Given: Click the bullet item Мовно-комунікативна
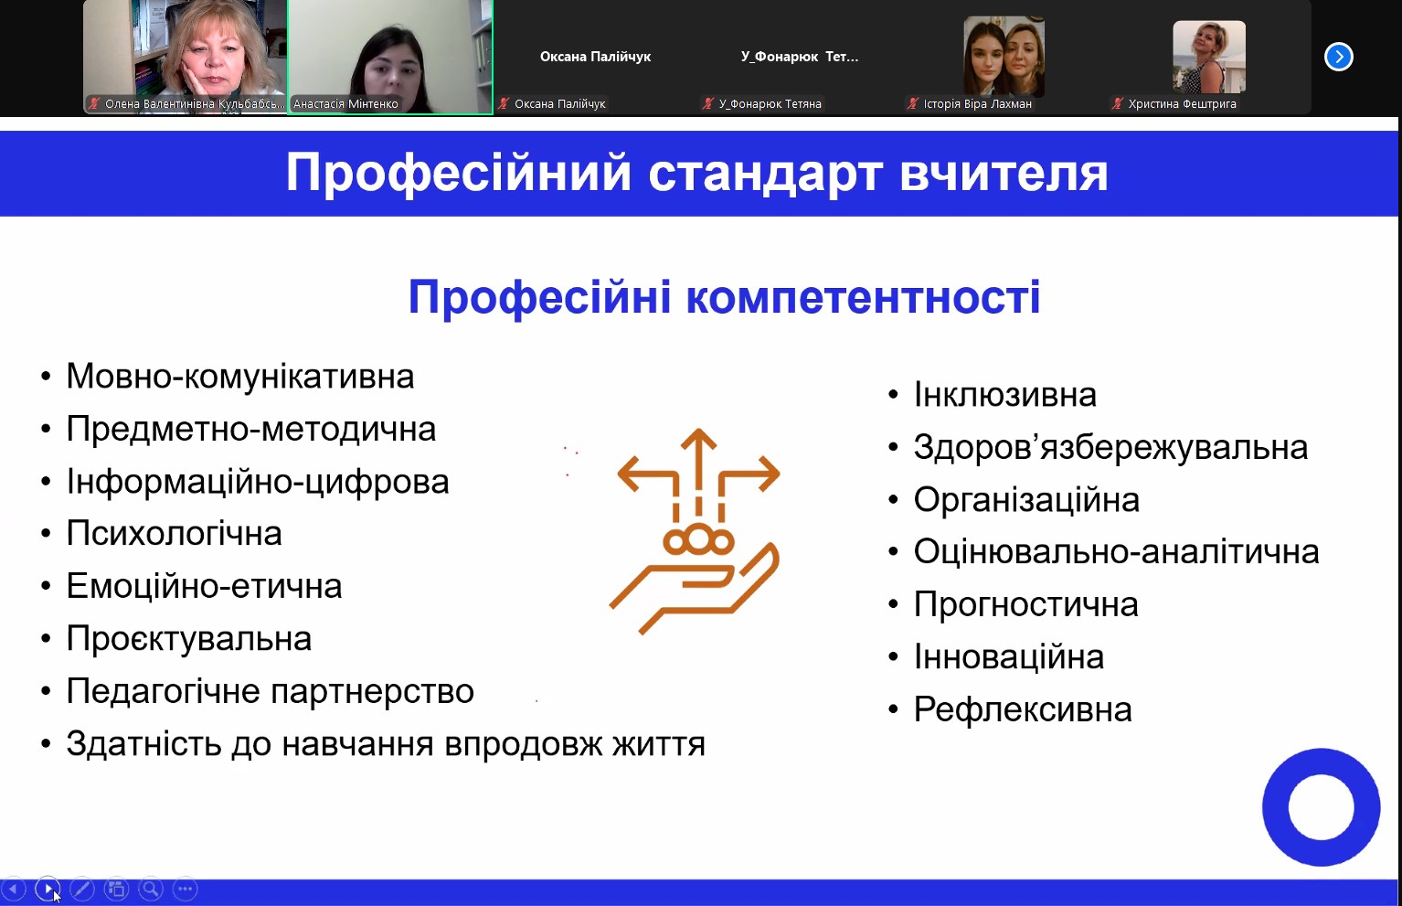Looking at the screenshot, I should point(239,377).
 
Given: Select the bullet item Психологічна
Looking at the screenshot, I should point(174,534).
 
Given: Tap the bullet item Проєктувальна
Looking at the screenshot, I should point(188,639).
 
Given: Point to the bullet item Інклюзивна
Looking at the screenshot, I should point(1004,395).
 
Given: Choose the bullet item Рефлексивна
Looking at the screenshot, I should point(1022,710).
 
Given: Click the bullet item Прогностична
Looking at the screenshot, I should point(1025,605).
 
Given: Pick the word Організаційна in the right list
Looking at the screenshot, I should point(1026,500).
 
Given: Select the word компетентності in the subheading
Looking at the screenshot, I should point(863,297).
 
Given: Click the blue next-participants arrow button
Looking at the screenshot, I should point(1338,57).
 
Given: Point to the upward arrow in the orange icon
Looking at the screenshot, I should point(698,453).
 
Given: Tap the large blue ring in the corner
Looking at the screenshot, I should point(1321,807).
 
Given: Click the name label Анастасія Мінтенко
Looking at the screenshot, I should point(345,104).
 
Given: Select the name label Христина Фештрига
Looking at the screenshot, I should point(1182,104).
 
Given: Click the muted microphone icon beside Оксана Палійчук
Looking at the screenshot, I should point(504,104).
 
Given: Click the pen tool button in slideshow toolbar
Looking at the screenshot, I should point(82,889).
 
